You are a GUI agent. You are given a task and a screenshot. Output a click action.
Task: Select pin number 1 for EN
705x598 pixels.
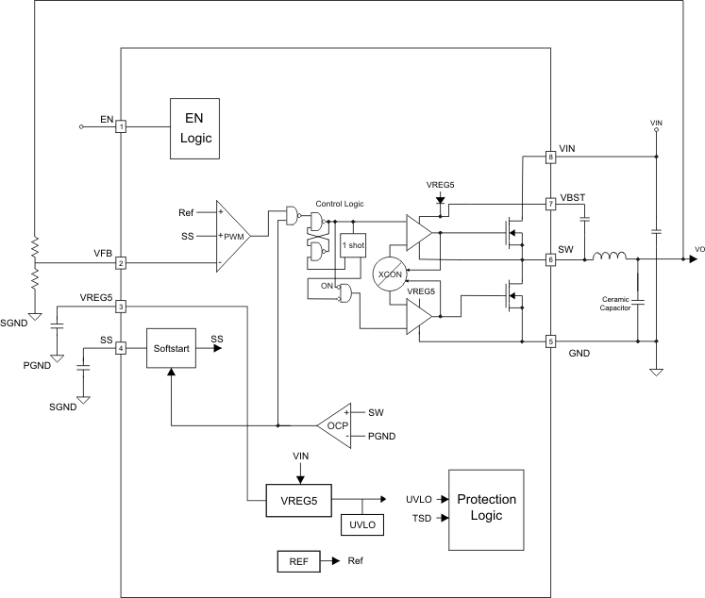pyautogui.click(x=121, y=126)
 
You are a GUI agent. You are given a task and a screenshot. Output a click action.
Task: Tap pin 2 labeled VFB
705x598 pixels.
pyautogui.click(x=121, y=263)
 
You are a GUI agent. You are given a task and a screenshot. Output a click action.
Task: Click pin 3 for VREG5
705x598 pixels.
pyautogui.click(x=121, y=307)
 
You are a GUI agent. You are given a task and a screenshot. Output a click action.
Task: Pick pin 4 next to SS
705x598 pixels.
pyautogui.click(x=121, y=348)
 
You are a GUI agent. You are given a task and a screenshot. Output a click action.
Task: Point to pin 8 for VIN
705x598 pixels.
pyautogui.click(x=550, y=158)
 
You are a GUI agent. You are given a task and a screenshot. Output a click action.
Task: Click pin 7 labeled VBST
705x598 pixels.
pyautogui.click(x=550, y=204)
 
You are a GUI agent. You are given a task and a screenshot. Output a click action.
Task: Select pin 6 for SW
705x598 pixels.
pyautogui.click(x=550, y=258)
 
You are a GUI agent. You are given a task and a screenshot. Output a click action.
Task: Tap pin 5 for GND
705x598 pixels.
pyautogui.click(x=550, y=341)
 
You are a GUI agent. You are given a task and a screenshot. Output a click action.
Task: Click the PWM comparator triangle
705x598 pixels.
pyautogui.click(x=230, y=237)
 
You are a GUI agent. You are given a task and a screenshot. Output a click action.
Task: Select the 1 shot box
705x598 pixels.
pyautogui.click(x=352, y=247)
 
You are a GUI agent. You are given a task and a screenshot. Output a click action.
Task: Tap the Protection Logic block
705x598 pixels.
pyautogui.click(x=485, y=509)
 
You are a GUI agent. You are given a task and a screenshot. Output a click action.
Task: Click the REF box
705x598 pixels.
pyautogui.click(x=297, y=561)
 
